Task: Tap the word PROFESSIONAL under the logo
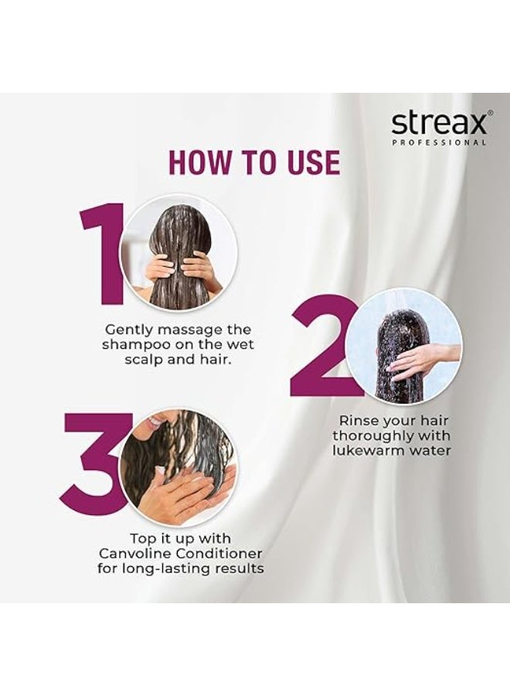point(439,143)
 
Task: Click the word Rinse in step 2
point(355,421)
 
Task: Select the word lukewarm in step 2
point(365,451)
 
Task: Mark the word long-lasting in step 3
point(172,569)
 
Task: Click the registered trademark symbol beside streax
point(490,113)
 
